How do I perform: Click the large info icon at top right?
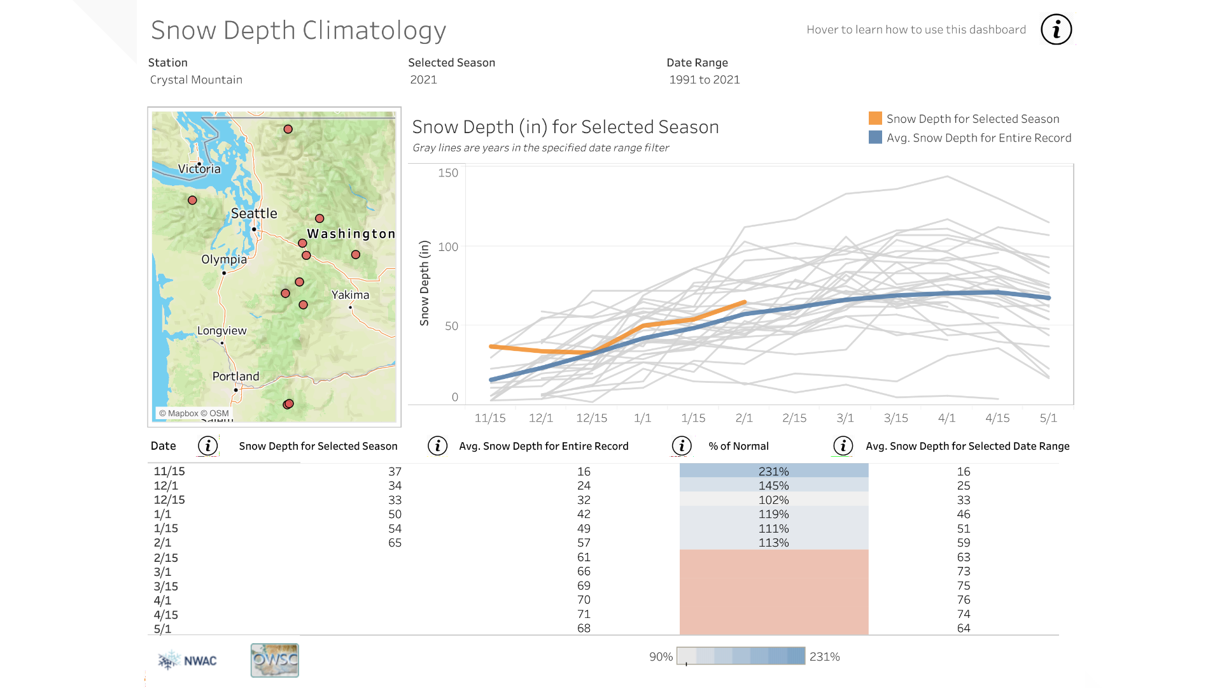1056,29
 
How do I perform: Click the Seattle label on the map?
254,213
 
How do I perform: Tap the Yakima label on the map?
350,295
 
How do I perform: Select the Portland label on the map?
235,376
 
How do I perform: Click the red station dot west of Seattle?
192,200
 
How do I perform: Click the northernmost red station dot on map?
288,129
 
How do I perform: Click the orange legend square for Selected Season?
875,118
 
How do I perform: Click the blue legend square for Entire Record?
875,138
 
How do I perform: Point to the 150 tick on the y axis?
448,173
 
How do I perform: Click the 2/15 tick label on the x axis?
794,418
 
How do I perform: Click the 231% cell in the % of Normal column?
773,471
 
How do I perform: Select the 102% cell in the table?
773,500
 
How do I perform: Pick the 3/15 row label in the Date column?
165,586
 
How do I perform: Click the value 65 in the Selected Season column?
395,543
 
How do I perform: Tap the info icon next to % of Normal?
682,446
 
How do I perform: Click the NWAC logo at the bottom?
188,661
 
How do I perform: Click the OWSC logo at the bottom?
274,660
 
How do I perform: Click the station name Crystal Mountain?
196,80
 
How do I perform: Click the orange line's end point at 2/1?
744,303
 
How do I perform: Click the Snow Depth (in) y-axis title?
425,283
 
